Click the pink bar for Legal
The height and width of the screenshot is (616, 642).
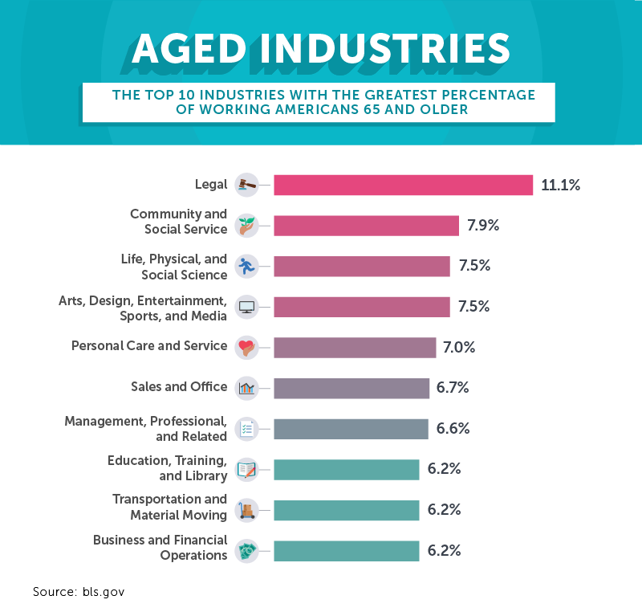point(403,185)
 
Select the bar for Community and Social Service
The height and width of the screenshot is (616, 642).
point(366,226)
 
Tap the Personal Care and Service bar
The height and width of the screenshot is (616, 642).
point(354,348)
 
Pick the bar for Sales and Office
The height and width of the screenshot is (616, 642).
point(351,388)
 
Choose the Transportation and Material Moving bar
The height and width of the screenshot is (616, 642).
point(346,510)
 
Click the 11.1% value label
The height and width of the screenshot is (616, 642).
point(560,185)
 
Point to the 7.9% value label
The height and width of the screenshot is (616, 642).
point(483,226)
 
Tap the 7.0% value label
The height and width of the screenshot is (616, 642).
point(459,348)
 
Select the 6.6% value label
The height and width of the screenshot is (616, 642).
point(453,429)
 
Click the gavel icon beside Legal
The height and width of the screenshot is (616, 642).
point(246,185)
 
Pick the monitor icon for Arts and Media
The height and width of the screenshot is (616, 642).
point(246,307)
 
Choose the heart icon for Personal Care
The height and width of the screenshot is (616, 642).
point(246,348)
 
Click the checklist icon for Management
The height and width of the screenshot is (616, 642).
point(246,429)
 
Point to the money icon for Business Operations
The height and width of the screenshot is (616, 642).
point(246,551)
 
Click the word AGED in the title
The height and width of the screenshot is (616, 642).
point(184,49)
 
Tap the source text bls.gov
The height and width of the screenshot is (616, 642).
point(104,592)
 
